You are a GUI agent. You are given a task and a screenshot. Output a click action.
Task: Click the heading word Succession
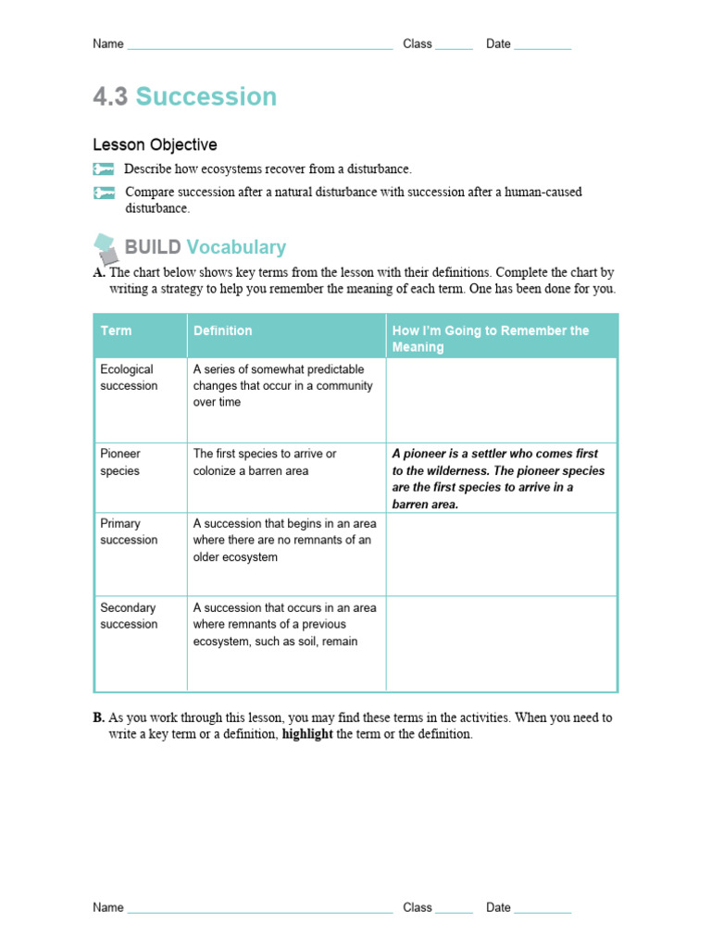pos(206,97)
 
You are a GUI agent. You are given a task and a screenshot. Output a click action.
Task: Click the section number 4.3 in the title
pos(110,97)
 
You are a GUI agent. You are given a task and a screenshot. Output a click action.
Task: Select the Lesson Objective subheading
pos(155,144)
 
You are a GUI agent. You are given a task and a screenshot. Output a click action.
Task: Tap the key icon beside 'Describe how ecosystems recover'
pos(103,169)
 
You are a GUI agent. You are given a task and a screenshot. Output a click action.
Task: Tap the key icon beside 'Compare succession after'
pos(103,193)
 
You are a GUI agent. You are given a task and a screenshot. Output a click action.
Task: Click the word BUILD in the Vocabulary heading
pos(153,247)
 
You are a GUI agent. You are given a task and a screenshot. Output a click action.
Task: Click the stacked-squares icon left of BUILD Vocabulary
pos(106,247)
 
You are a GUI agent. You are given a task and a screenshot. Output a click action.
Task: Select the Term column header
pos(116,331)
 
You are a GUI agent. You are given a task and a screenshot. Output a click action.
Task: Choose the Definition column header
pos(222,331)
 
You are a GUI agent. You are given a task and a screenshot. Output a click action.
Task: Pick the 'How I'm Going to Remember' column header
pos(491,338)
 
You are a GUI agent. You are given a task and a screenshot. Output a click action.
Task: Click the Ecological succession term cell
pos(129,378)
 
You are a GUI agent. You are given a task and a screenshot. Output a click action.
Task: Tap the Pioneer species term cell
pos(120,462)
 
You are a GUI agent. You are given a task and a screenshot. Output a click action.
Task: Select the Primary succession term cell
pos(129,531)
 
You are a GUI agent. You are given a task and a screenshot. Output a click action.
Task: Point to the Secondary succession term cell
pos(129,616)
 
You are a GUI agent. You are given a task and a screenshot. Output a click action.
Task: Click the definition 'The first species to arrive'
pos(265,462)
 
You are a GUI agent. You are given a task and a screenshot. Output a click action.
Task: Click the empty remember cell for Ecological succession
pos(501,400)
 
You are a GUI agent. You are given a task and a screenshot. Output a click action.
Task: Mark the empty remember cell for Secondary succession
pos(501,643)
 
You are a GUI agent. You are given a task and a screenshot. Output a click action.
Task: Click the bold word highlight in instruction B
pos(307,734)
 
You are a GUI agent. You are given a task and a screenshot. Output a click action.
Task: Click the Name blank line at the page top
pos(259,44)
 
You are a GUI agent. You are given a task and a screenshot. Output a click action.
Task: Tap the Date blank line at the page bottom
pos(543,908)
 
